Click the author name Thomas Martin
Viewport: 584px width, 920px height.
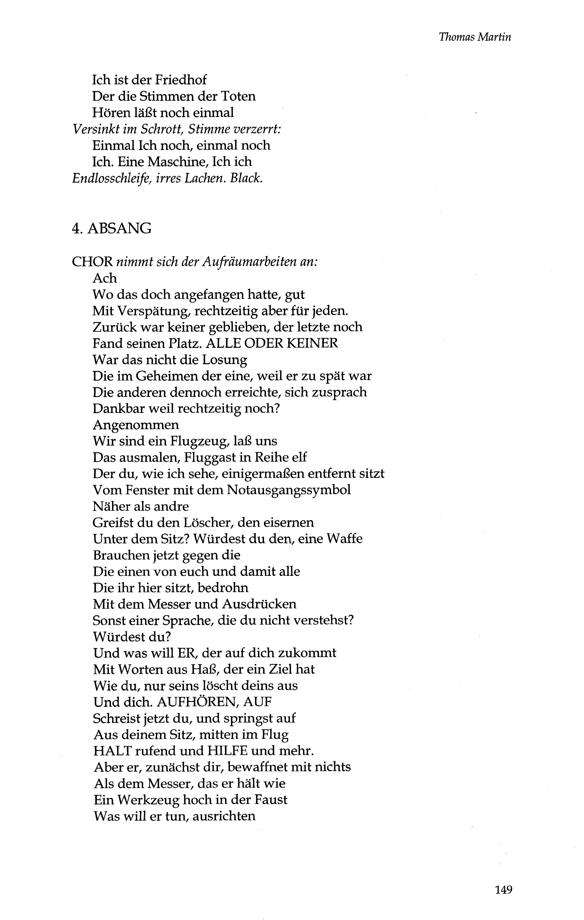[x=475, y=37]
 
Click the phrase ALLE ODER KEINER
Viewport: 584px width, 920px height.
[x=272, y=343]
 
